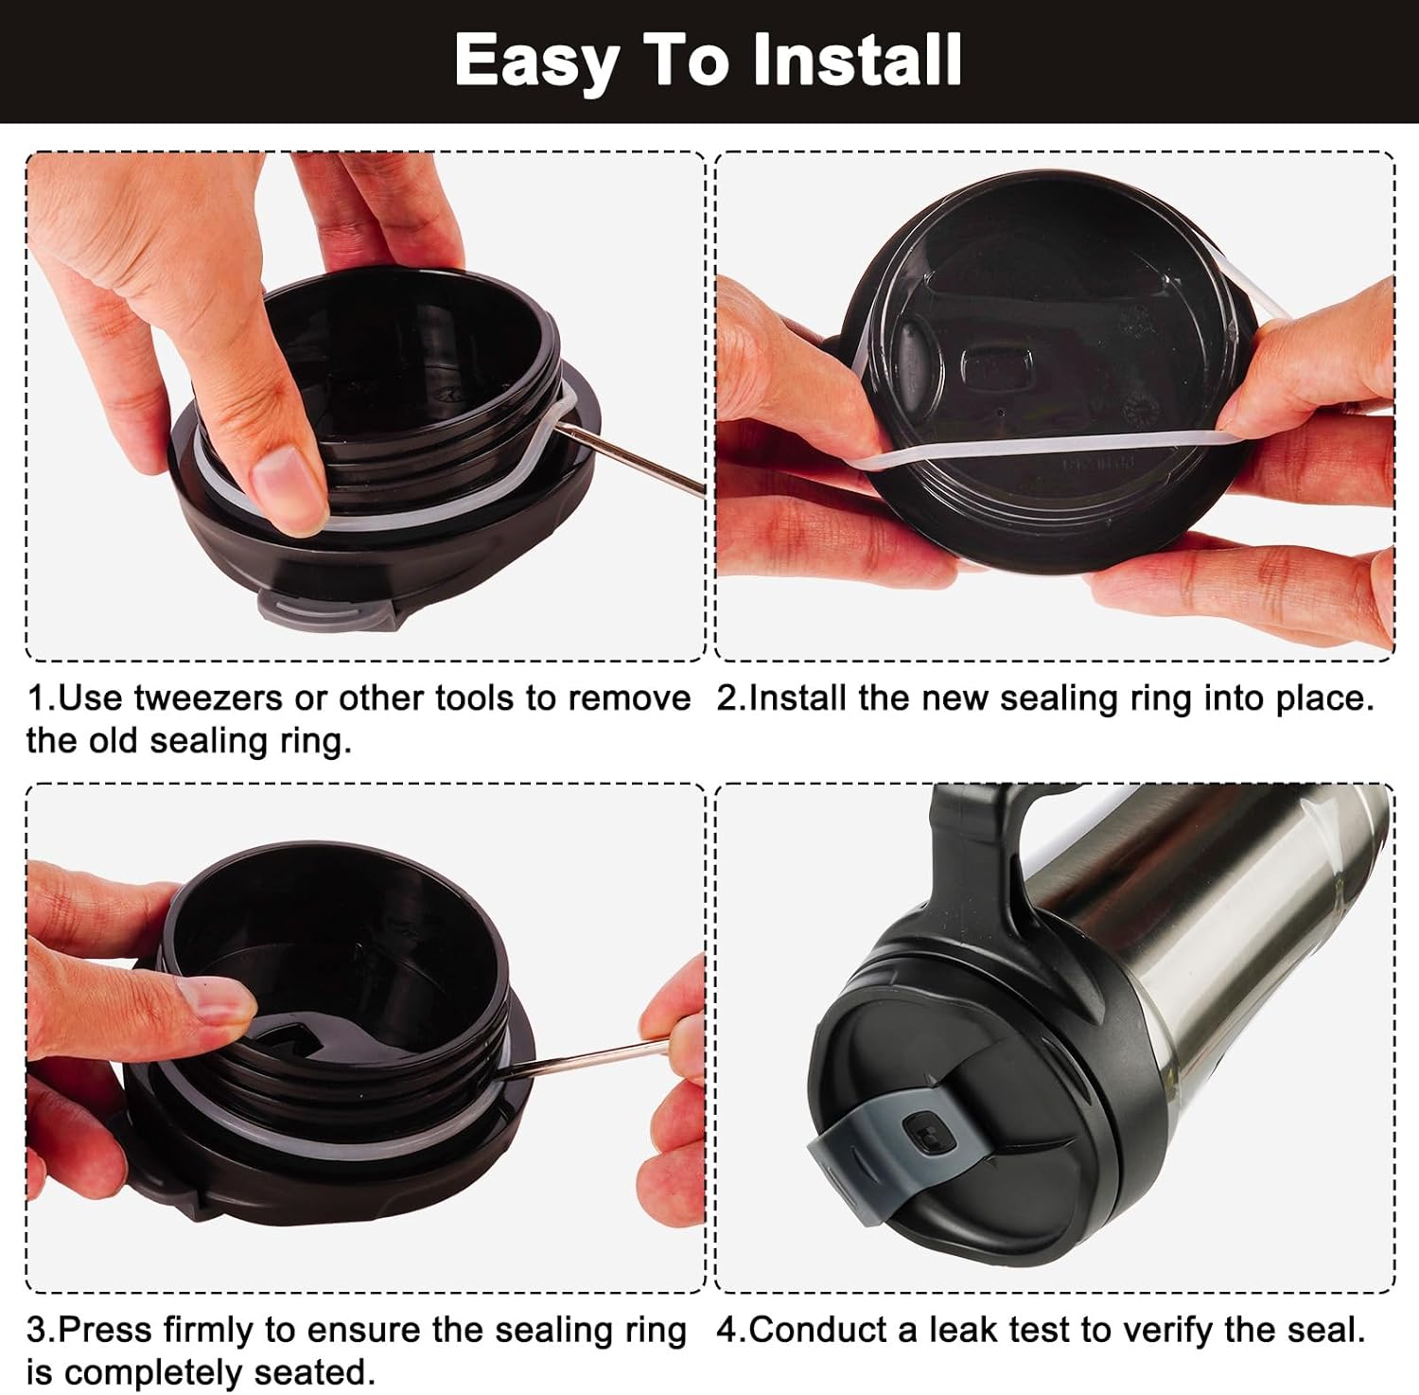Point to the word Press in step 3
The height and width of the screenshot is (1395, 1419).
coord(106,1330)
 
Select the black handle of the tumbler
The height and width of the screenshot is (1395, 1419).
coord(974,852)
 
